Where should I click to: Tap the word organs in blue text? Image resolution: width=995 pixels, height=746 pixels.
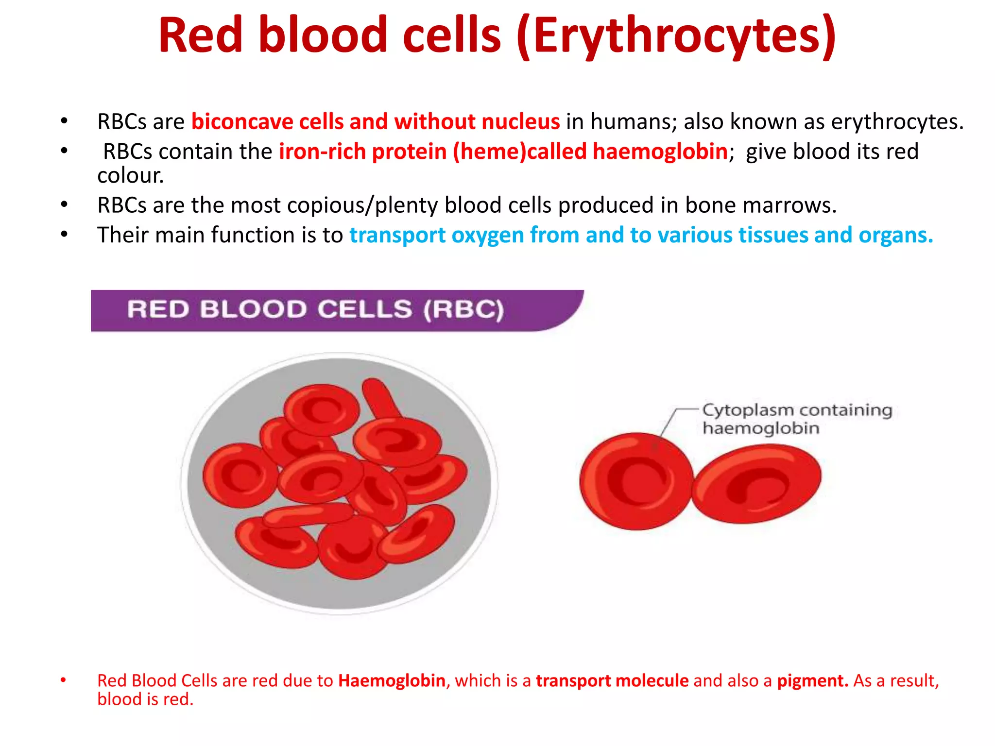895,235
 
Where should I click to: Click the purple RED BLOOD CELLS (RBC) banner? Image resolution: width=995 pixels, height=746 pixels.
316,310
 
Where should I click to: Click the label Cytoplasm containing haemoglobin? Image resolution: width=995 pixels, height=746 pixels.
797,419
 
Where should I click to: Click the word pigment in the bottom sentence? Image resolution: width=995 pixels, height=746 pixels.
812,681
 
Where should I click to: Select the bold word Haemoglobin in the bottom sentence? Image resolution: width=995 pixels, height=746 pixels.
392,681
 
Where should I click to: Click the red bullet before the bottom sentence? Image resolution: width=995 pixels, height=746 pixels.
63,680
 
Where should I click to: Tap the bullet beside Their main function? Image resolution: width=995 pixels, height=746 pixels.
64,235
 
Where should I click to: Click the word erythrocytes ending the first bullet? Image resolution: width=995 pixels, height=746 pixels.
896,122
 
